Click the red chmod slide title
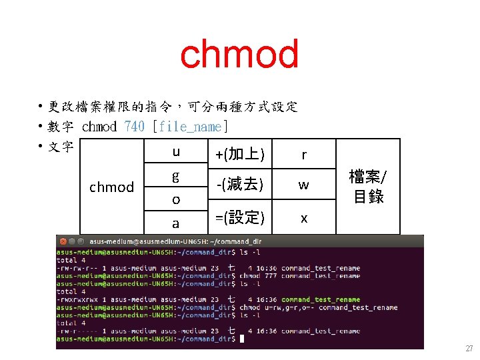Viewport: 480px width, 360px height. [x=239, y=55]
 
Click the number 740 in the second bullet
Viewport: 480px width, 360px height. [x=134, y=127]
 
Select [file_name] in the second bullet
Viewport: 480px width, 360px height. [x=191, y=127]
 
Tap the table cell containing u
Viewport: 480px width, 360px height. [x=176, y=152]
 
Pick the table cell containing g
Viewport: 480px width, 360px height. [x=176, y=177]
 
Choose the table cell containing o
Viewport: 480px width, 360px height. [x=176, y=199]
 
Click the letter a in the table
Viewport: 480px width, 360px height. [x=176, y=223]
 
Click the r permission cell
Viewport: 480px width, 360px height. [x=304, y=155]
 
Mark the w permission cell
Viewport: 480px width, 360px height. [x=304, y=185]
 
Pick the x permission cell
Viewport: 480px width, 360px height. [x=304, y=218]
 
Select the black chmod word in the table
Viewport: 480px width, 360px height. [x=112, y=187]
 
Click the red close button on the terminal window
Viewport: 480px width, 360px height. [x=63, y=241]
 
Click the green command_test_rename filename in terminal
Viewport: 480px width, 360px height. [x=321, y=299]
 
